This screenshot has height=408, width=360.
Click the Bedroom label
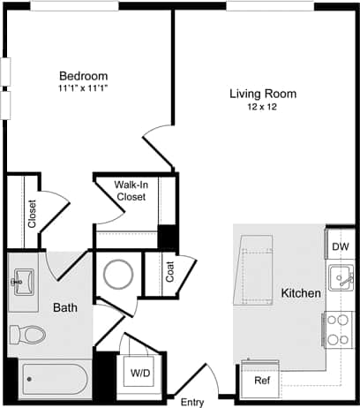click(x=83, y=75)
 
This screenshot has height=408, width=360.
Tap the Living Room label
click(x=262, y=94)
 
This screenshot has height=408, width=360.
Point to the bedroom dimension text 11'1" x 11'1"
click(x=83, y=88)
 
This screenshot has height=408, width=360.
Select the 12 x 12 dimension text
click(x=262, y=107)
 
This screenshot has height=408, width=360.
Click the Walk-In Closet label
click(x=131, y=191)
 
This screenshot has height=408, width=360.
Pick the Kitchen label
click(x=300, y=292)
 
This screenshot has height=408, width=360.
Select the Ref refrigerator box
click(x=262, y=381)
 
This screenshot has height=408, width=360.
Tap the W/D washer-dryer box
click(x=140, y=374)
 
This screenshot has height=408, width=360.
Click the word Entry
click(x=191, y=389)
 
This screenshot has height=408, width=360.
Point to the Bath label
click(x=65, y=307)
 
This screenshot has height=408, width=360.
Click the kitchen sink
click(x=341, y=281)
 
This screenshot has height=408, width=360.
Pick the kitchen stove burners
click(x=337, y=329)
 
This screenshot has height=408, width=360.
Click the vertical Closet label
click(x=33, y=214)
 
